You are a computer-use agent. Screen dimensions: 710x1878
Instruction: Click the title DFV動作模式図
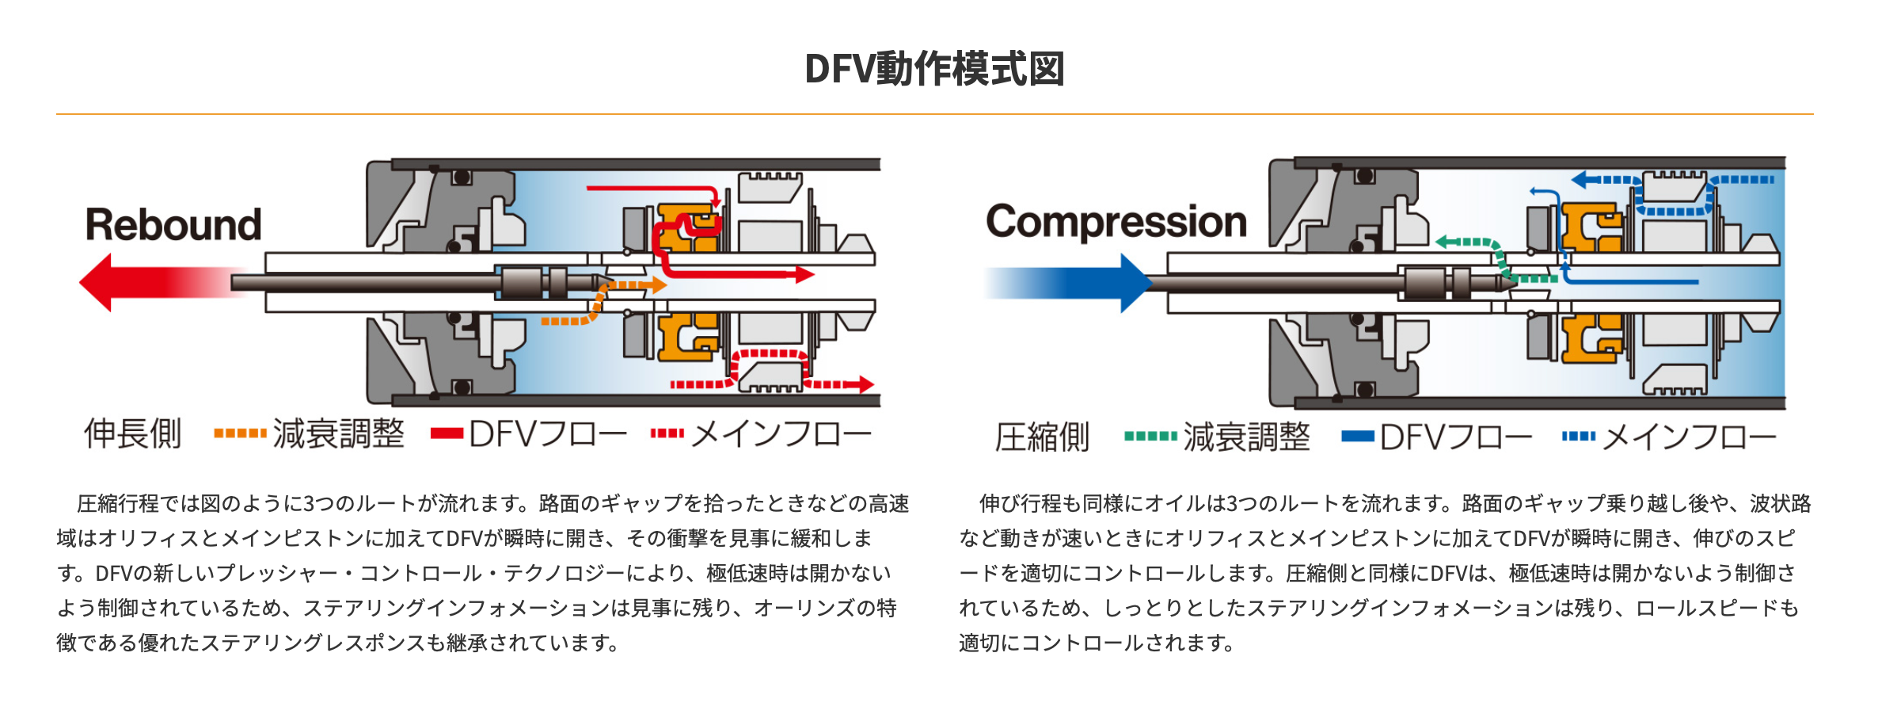(934, 69)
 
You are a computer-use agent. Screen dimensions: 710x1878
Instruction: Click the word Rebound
(173, 225)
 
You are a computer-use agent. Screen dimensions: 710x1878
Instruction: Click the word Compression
(1116, 222)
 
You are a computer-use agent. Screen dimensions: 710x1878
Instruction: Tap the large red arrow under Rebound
(158, 282)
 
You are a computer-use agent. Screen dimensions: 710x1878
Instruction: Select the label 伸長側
(133, 434)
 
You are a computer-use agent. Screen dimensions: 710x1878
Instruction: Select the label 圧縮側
(1042, 437)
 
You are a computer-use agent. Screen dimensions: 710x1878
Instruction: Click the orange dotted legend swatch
(240, 433)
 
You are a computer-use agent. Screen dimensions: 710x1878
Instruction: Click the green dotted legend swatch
(1150, 436)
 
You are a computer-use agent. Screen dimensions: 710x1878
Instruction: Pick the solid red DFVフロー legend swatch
(447, 433)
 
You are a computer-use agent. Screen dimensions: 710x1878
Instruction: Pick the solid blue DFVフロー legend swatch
(1357, 436)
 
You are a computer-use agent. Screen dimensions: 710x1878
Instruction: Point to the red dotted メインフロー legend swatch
(667, 433)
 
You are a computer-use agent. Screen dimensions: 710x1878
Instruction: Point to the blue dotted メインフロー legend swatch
(1578, 436)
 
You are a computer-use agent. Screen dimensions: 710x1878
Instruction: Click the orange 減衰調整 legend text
(338, 434)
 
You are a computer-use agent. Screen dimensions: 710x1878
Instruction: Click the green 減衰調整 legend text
(1247, 437)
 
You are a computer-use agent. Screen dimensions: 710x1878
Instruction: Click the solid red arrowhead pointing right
(805, 275)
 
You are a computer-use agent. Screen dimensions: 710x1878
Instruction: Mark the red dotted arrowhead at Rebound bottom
(866, 385)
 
